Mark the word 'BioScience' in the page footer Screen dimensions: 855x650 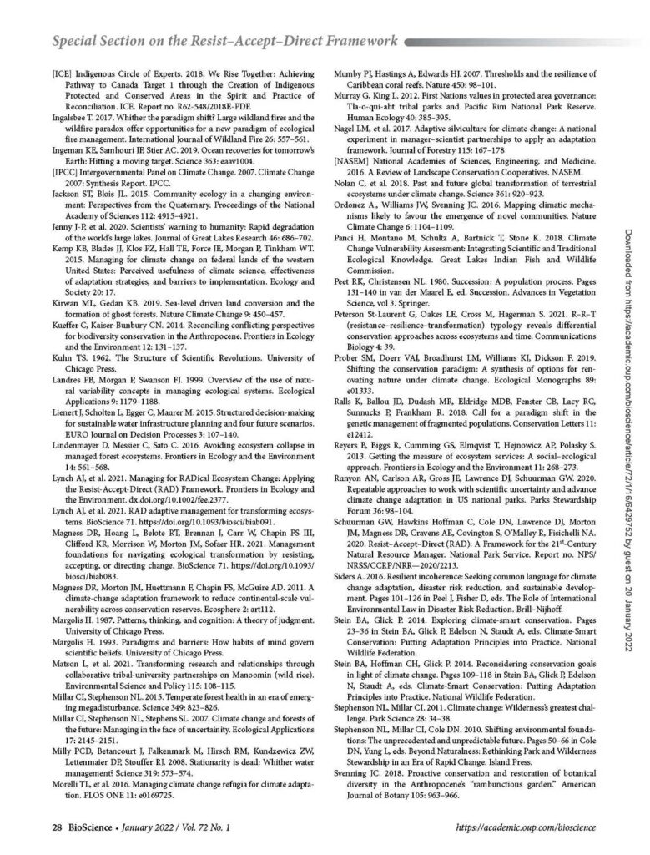click(65, 827)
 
